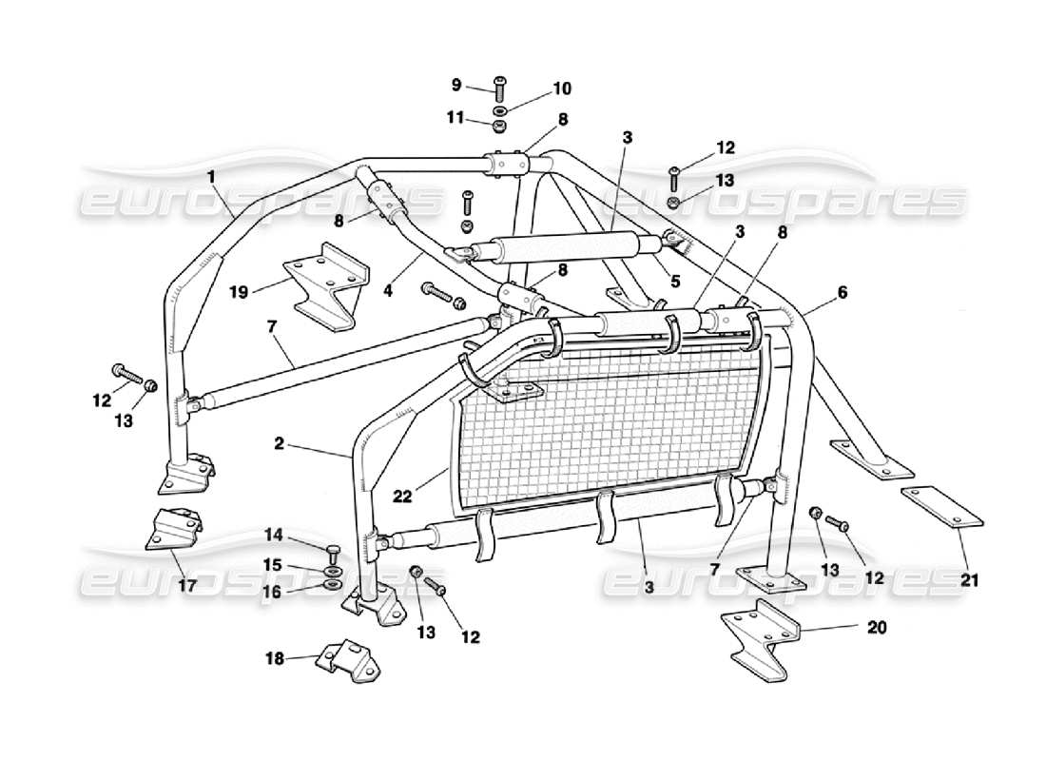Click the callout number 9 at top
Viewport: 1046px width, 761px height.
click(x=456, y=85)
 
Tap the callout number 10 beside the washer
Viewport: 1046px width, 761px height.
click(x=561, y=88)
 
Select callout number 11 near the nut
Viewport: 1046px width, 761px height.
click(x=456, y=118)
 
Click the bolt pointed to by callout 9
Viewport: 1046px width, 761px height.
click(x=500, y=88)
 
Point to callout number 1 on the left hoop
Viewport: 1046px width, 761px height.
click(x=210, y=176)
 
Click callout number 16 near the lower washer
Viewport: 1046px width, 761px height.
click(x=274, y=591)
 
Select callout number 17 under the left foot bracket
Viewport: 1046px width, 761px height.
click(x=187, y=586)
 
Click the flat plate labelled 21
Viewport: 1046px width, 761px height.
click(x=941, y=506)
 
